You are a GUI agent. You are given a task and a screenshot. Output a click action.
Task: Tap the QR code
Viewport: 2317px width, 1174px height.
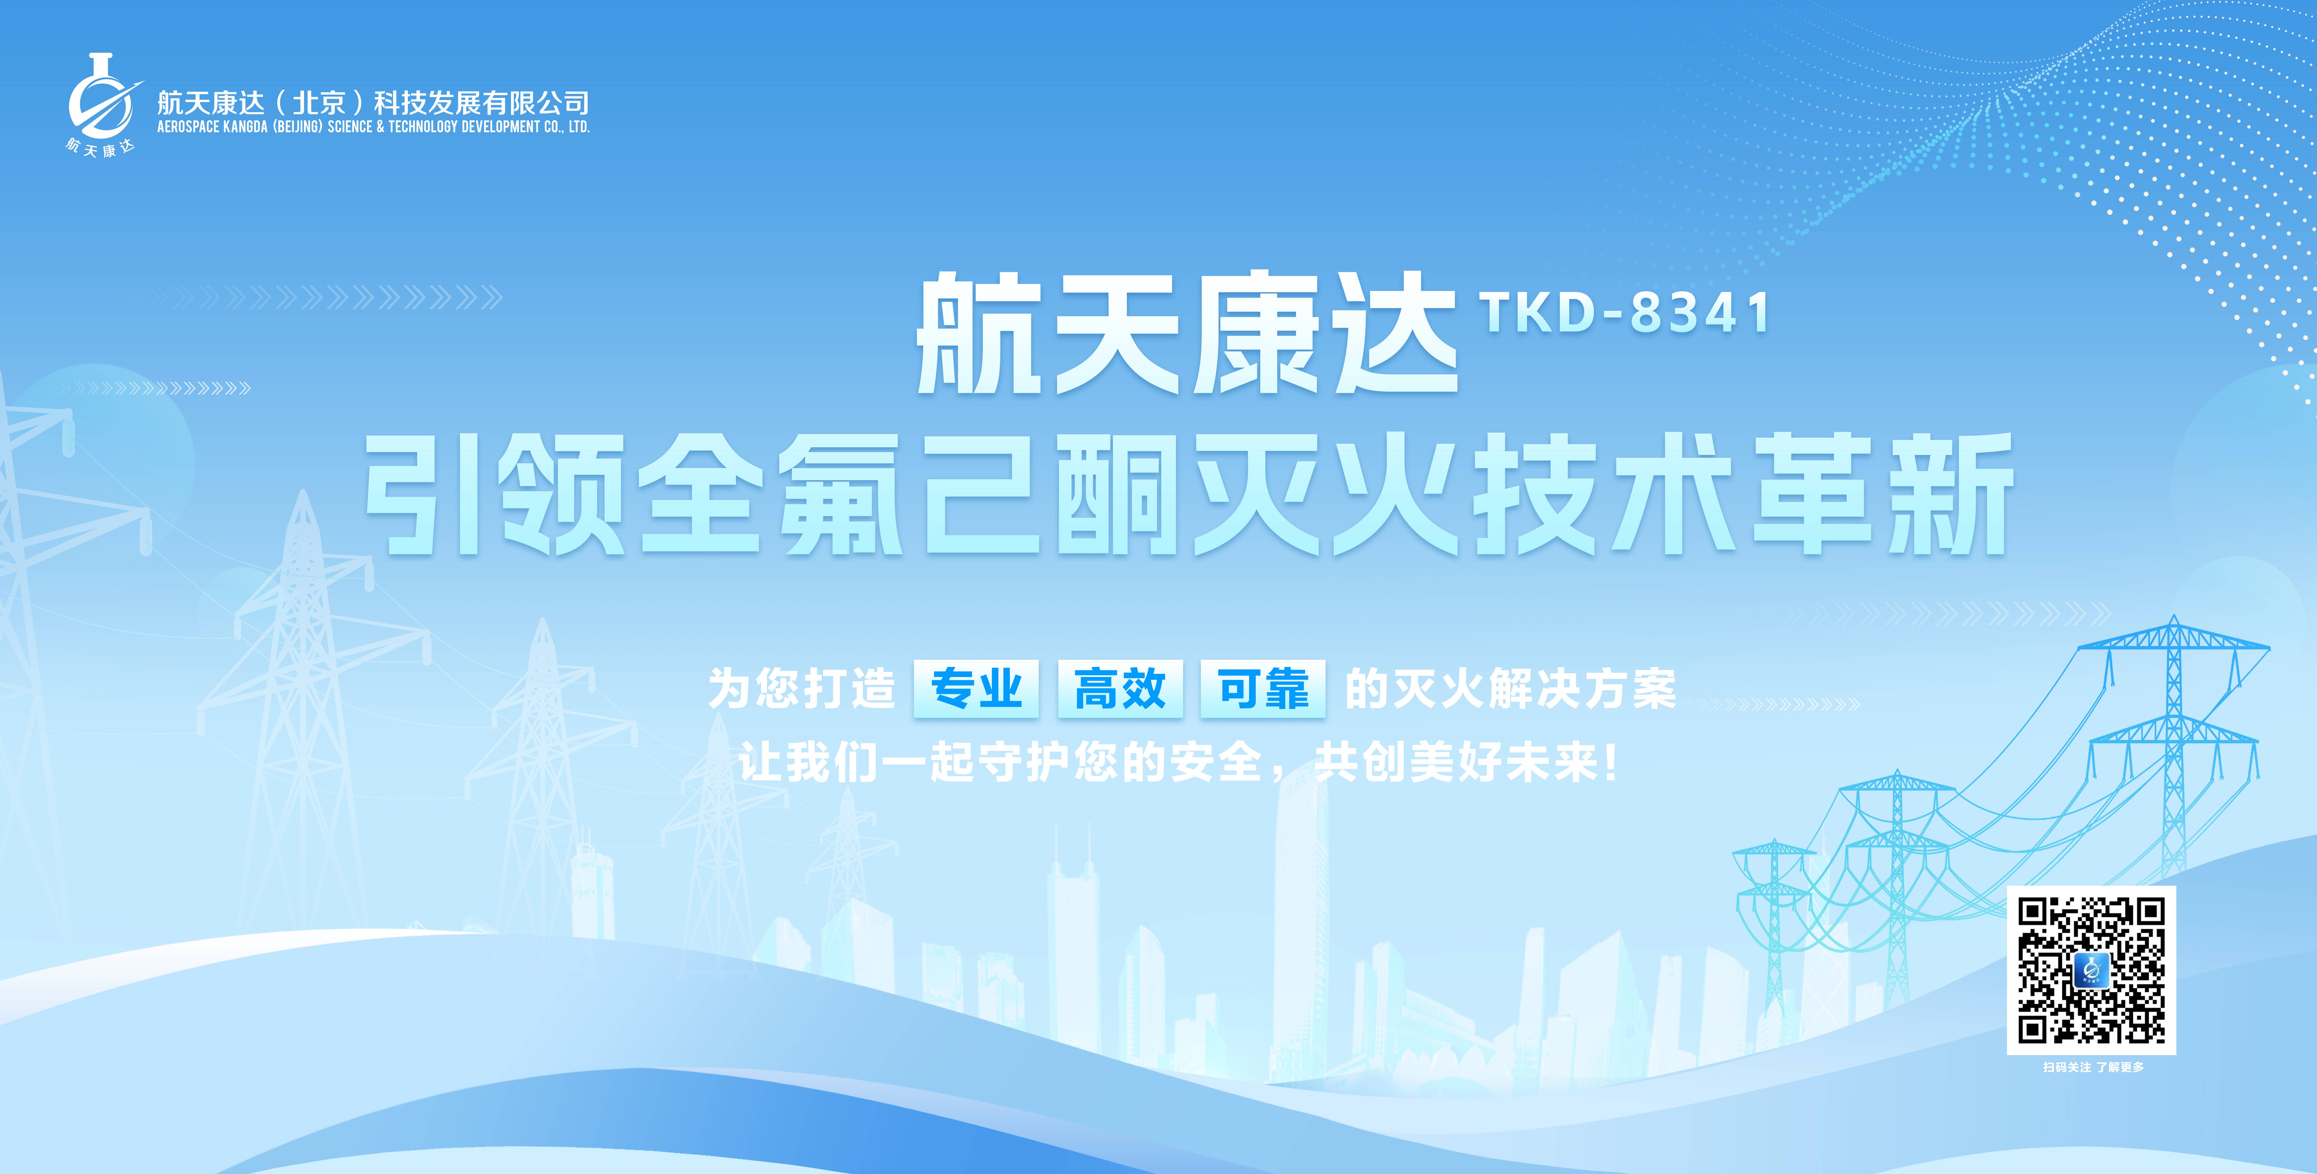click(2091, 970)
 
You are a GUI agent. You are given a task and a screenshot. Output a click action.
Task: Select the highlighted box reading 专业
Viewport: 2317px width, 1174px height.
click(976, 689)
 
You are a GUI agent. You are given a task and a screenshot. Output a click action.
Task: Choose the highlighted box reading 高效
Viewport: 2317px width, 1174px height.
click(1120, 689)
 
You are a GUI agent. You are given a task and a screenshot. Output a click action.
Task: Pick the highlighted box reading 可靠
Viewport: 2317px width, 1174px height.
click(1263, 689)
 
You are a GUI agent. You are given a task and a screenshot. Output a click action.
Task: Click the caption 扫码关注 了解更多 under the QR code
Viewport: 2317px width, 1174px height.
click(2093, 1067)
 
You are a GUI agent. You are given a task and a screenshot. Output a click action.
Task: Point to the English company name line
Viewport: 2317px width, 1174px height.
click(373, 127)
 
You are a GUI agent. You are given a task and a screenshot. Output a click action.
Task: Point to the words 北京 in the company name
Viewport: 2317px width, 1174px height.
click(319, 102)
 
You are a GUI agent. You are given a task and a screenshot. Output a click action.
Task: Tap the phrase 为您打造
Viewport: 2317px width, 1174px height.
click(801, 689)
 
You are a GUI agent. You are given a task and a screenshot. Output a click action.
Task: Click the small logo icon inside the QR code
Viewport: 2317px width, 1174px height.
click(2091, 970)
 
